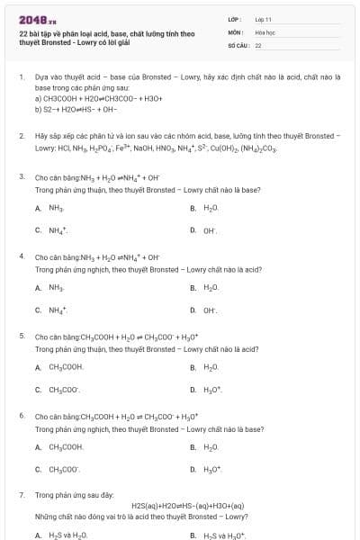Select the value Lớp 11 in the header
pos(263,19)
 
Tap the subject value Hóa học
pos(265,31)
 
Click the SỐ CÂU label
pos(237,44)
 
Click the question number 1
pos(21,76)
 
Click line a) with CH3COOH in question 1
pos(84,99)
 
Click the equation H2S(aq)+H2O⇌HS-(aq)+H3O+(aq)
pos(187,505)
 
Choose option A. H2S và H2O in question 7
pos(56,535)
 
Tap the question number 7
pos(21,494)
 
